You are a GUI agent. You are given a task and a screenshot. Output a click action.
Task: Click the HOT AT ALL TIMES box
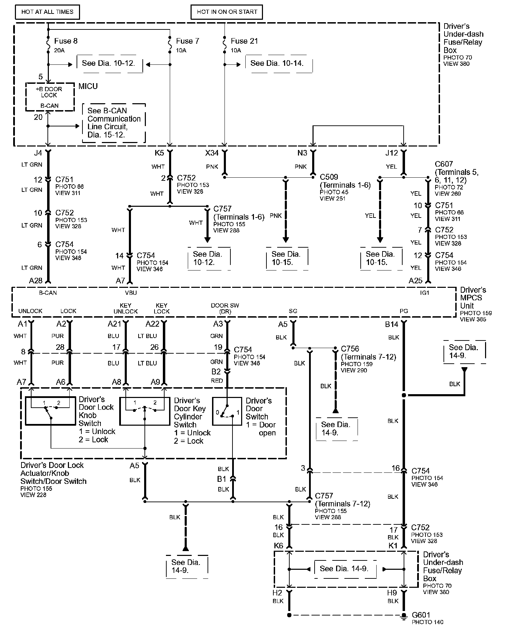click(x=47, y=12)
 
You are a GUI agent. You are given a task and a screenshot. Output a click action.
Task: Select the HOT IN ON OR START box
click(x=227, y=12)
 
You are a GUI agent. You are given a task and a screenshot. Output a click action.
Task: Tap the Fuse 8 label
click(x=66, y=41)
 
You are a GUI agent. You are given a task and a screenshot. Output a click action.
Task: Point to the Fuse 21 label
click(x=244, y=41)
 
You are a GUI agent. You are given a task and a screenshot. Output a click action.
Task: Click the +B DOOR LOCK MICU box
click(x=50, y=97)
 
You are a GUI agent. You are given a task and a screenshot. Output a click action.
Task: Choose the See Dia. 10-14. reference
click(x=276, y=63)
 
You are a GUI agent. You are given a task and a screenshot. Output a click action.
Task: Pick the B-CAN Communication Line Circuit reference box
click(x=114, y=123)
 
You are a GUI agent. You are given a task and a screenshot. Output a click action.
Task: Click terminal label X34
click(x=212, y=153)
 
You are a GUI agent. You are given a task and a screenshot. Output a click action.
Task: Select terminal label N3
click(x=302, y=153)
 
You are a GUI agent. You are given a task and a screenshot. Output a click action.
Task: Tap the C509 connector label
click(x=329, y=177)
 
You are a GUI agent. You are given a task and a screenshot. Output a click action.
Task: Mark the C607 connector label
click(x=444, y=164)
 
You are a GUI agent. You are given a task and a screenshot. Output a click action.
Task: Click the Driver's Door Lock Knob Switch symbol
click(x=51, y=411)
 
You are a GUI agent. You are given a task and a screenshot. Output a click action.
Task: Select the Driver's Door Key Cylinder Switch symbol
click(x=145, y=411)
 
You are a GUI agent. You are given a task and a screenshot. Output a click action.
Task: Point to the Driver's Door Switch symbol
click(x=227, y=411)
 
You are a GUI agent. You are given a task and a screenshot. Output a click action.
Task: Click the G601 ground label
click(x=421, y=615)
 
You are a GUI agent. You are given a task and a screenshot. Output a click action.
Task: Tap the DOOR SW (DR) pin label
click(x=225, y=308)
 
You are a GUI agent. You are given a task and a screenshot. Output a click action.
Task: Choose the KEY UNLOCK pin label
click(x=125, y=308)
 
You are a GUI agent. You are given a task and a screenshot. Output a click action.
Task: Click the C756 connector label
click(x=350, y=349)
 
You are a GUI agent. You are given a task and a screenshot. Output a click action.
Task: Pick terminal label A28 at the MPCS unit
click(x=36, y=281)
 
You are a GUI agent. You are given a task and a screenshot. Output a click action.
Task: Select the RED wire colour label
click(x=217, y=381)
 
